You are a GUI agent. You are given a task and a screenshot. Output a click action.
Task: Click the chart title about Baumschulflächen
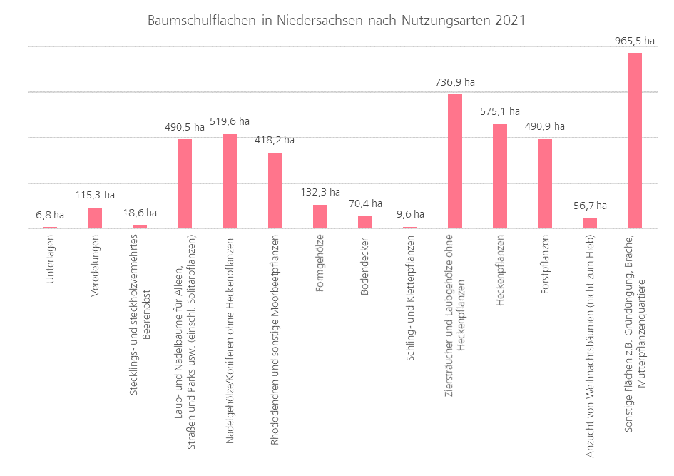click(336, 21)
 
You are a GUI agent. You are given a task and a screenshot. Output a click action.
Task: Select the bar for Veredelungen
click(95, 218)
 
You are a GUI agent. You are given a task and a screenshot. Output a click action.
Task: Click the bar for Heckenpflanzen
click(500, 176)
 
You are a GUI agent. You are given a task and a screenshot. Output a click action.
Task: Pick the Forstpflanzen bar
click(545, 183)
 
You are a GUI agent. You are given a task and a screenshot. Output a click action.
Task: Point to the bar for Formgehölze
click(320, 216)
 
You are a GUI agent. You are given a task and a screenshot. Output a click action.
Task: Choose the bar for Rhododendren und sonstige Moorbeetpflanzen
click(275, 191)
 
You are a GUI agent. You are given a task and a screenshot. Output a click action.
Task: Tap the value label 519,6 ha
click(230, 121)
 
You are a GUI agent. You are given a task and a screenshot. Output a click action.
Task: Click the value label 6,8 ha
click(50, 214)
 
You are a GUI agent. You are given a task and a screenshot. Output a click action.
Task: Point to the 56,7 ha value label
click(590, 206)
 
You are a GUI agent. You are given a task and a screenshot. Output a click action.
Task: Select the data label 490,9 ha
click(545, 126)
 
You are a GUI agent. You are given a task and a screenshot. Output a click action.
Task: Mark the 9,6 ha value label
click(410, 214)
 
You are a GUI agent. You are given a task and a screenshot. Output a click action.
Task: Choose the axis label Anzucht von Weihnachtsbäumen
click(590, 345)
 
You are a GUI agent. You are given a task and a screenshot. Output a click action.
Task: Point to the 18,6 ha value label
click(140, 213)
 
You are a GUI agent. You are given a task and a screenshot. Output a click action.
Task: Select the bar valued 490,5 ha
click(185, 183)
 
